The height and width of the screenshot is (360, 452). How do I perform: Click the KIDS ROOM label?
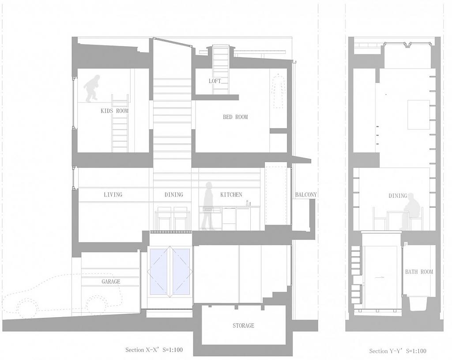pos(114,111)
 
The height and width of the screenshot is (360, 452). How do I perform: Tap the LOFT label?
pos(215,81)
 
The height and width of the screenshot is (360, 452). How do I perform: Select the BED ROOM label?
pos(235,117)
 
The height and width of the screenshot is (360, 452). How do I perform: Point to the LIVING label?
pos(113,194)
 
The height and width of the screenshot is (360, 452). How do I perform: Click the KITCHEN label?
pos(231,194)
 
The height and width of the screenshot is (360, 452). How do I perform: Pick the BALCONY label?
pos(306,194)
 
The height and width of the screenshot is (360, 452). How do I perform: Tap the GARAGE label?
pos(111,281)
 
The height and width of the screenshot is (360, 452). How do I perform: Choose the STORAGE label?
pos(243,326)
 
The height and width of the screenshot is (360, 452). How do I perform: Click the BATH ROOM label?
pos(419,272)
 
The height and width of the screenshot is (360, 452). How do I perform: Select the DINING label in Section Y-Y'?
pos(398,196)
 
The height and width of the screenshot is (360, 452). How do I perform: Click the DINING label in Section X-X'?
pos(173,194)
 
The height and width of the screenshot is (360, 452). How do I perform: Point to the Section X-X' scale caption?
pos(154,350)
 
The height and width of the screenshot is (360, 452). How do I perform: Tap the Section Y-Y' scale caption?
pos(398,351)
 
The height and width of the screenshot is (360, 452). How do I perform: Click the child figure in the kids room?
pos(93,88)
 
